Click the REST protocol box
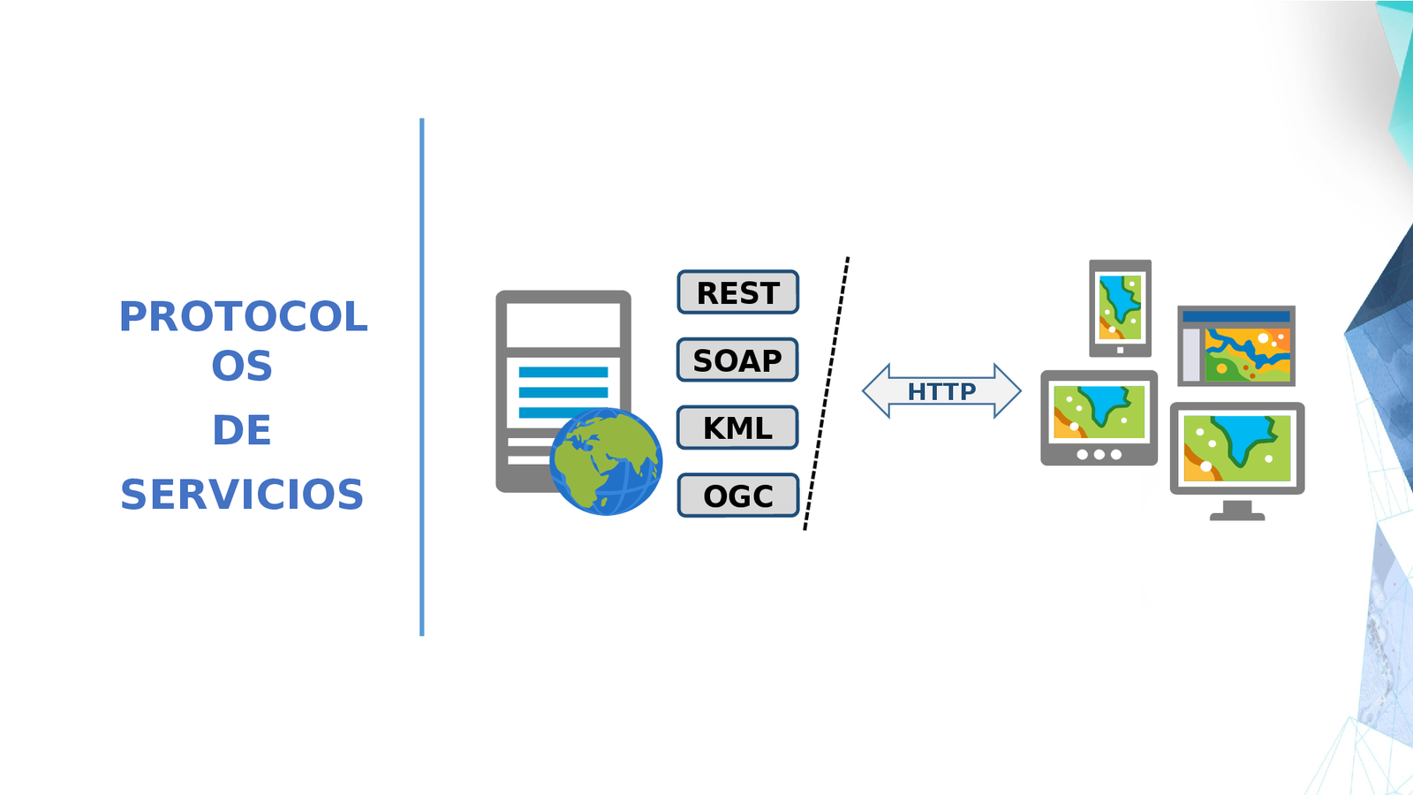tap(738, 292)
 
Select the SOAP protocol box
tap(737, 360)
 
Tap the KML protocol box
tap(737, 428)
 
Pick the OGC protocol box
tap(738, 496)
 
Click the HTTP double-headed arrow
tap(941, 390)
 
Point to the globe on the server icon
tap(606, 461)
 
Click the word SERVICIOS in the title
tap(242, 495)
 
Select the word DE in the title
tap(242, 430)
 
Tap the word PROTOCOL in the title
tap(243, 317)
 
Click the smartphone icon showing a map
tap(1120, 308)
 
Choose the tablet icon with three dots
tap(1099, 417)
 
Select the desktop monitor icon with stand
tap(1236, 450)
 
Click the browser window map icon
tap(1236, 346)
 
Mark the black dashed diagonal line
tap(826, 394)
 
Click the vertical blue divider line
tap(422, 377)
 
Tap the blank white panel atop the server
tap(563, 324)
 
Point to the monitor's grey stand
tap(1237, 511)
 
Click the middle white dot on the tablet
tap(1099, 455)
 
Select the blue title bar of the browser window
tap(1236, 316)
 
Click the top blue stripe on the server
tap(563, 372)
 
